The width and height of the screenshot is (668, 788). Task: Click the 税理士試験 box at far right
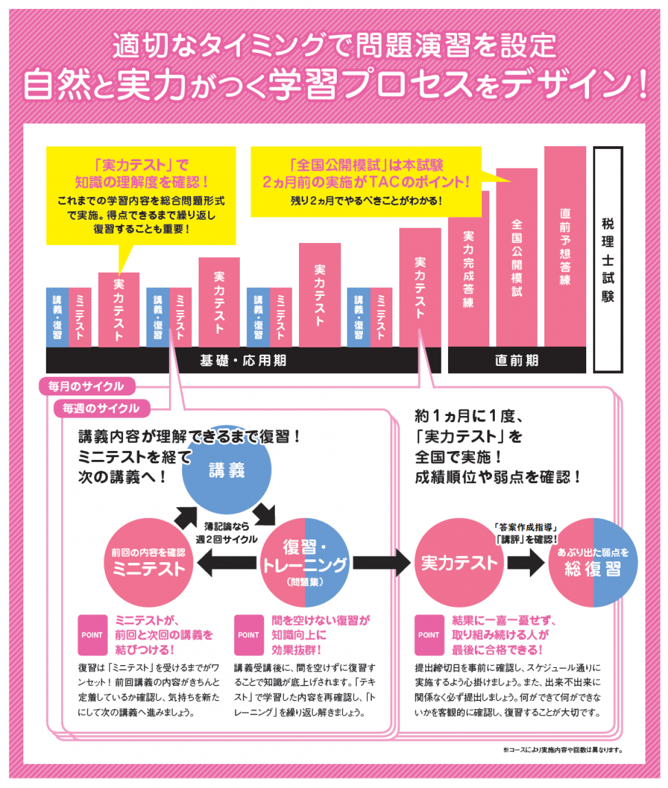point(608,259)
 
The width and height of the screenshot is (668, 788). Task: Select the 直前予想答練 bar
point(565,246)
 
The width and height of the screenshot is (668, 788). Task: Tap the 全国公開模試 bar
point(517,257)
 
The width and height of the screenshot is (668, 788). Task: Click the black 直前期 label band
point(517,360)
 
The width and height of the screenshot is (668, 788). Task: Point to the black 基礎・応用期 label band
point(243,360)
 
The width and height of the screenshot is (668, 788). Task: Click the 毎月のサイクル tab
point(86,386)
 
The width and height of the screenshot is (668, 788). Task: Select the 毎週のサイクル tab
point(101,409)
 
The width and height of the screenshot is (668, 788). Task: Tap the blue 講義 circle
point(227,470)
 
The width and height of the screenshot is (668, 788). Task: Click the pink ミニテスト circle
point(148,563)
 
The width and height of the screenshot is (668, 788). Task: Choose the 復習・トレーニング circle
point(304,563)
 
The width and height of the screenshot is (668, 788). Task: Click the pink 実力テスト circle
point(459,563)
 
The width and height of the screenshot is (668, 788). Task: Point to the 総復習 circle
point(593,563)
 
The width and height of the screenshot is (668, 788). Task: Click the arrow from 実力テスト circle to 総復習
point(525,563)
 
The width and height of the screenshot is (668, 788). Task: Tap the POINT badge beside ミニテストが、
point(92,635)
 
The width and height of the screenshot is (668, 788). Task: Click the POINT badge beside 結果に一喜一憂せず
point(429,635)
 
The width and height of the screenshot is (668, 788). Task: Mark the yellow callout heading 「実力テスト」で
point(141,165)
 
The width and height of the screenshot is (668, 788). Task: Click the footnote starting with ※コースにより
point(562,750)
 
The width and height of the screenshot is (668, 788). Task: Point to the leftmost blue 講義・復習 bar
point(57,317)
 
